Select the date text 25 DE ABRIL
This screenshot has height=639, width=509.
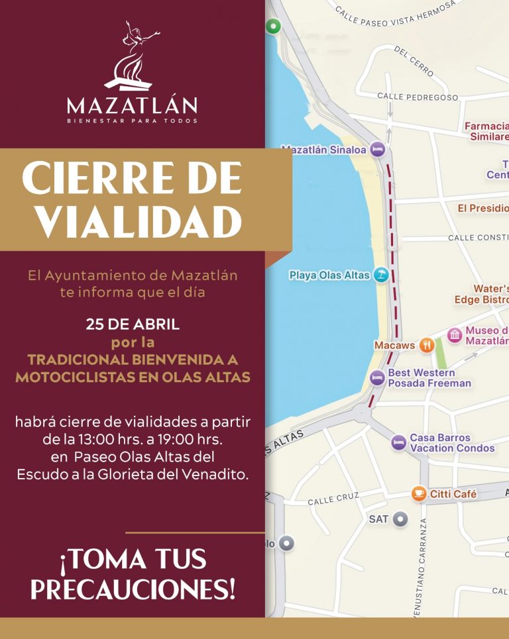[x=133, y=325]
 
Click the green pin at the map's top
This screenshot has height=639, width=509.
[x=273, y=26]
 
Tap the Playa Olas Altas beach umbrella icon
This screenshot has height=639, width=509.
[x=380, y=274]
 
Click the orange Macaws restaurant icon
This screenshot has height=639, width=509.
[x=427, y=345]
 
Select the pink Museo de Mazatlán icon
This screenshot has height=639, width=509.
[x=455, y=336]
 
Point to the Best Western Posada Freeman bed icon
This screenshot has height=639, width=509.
[x=377, y=377]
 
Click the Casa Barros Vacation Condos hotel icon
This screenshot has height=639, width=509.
[x=398, y=442]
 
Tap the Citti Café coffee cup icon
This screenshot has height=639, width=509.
[x=418, y=493]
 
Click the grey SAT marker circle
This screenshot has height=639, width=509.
[x=399, y=519]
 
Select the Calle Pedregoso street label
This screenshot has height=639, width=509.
[x=418, y=97]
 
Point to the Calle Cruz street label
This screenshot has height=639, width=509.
[x=333, y=498]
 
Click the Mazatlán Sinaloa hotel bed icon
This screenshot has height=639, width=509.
[x=377, y=150]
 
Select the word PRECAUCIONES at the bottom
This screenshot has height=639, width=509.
[x=133, y=589]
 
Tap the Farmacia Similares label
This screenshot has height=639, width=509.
[x=488, y=131]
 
